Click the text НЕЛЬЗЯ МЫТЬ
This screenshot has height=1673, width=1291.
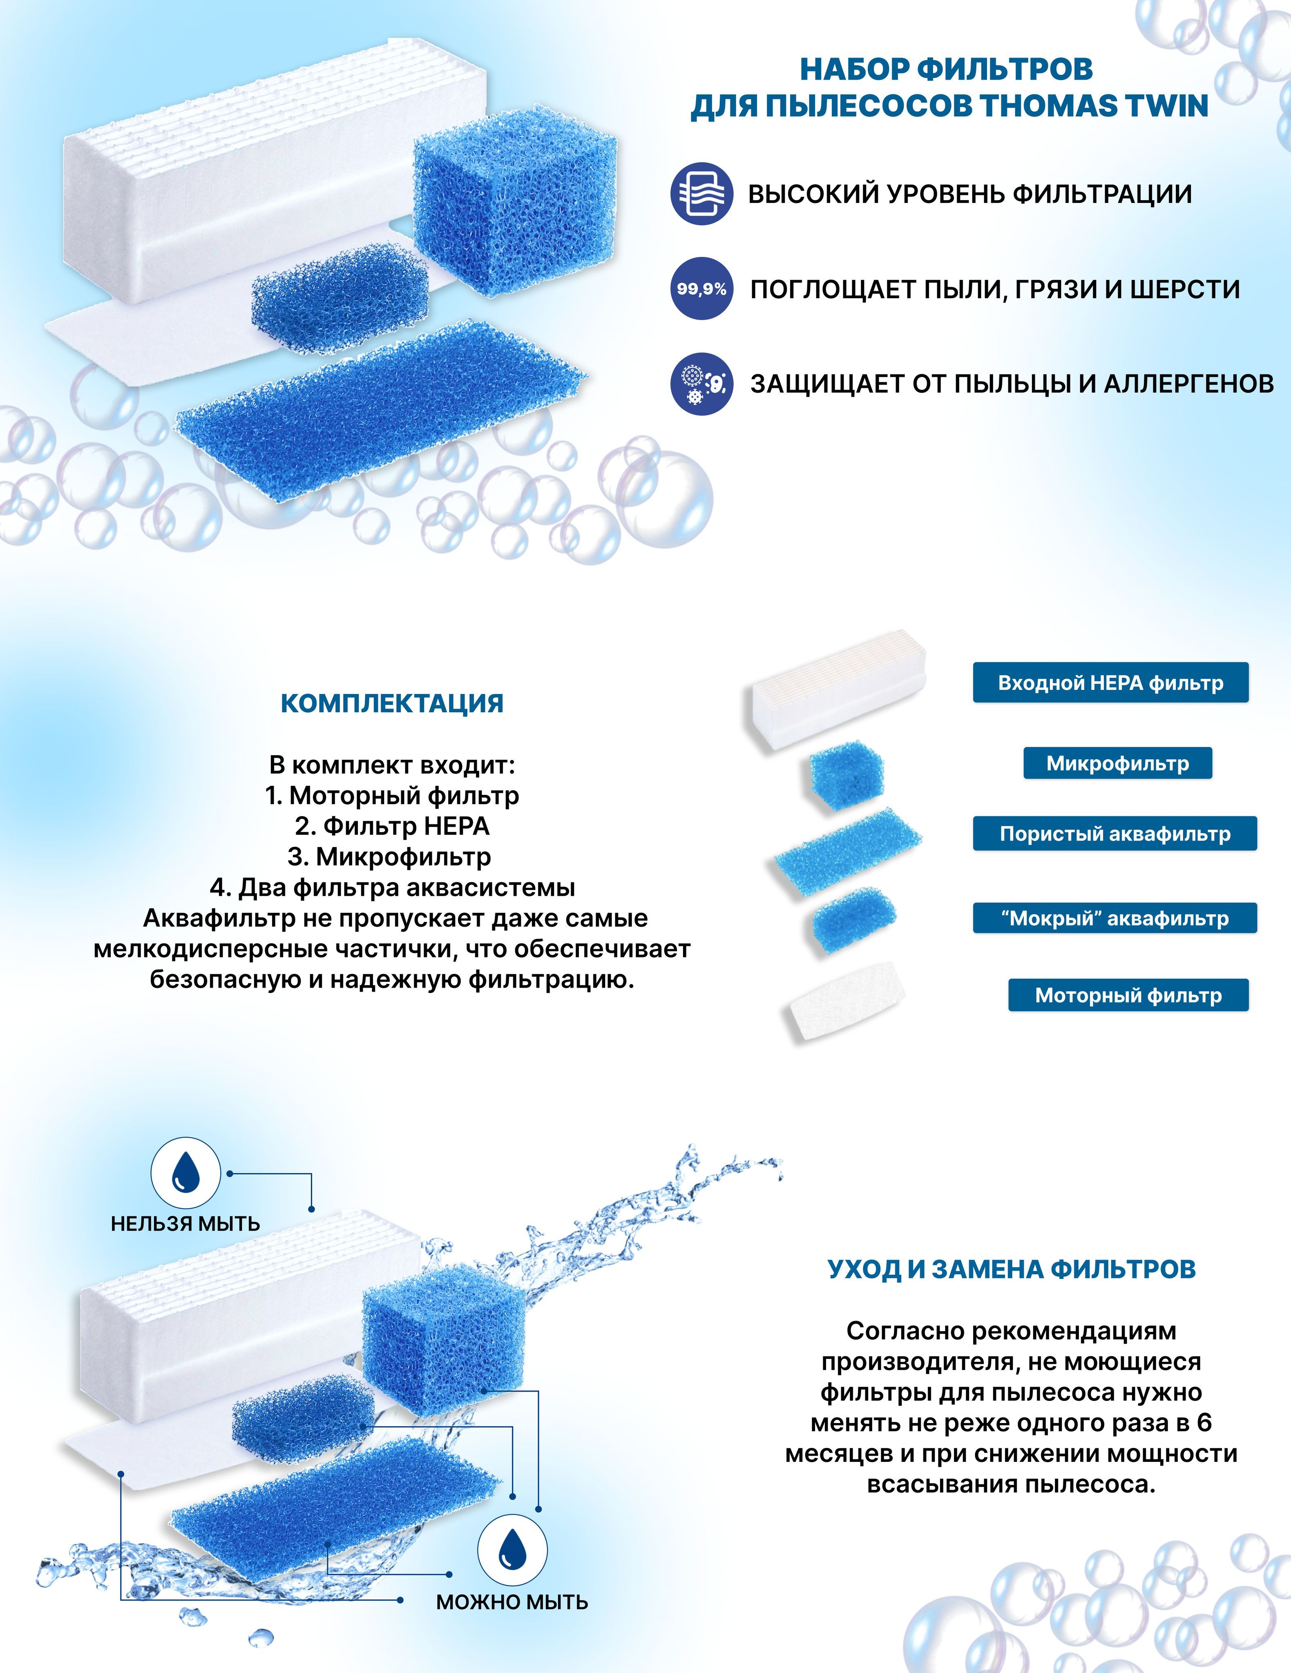(x=185, y=1223)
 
